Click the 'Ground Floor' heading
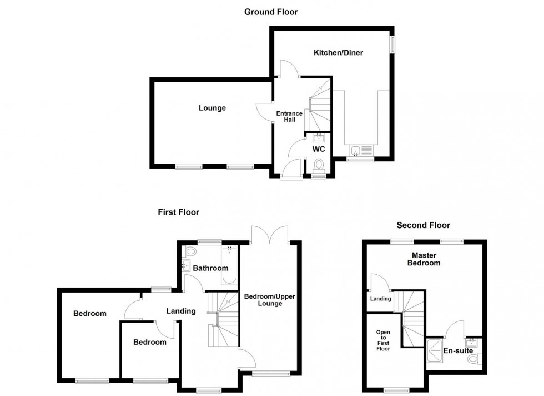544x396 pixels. coord(271,12)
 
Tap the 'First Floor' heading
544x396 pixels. coord(178,212)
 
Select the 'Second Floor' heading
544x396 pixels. coord(423,225)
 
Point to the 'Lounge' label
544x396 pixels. coord(212,108)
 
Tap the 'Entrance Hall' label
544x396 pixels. coord(290,117)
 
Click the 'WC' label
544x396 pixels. coord(318,150)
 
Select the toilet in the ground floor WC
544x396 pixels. coord(319,165)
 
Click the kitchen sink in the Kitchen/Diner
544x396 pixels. coord(355,150)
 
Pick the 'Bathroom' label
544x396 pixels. coord(210,268)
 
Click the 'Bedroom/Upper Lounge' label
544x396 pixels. coord(270,301)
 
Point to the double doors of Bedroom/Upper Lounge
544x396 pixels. coord(269,234)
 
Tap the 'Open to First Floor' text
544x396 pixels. coord(383,340)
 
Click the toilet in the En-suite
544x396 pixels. coord(474,360)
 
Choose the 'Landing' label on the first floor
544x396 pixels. coord(181,311)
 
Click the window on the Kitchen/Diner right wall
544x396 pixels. coord(392,45)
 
